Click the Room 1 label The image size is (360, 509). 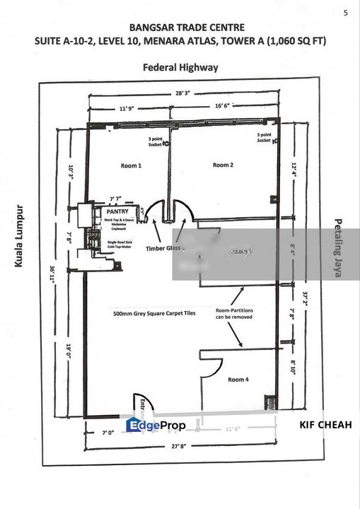pos(131,165)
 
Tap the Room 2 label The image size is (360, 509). pos(222,165)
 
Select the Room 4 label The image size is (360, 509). pos(238,380)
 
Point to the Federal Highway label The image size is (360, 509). pos(180,68)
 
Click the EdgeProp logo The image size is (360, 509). pos(156,425)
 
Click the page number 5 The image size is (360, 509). pos(345,12)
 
